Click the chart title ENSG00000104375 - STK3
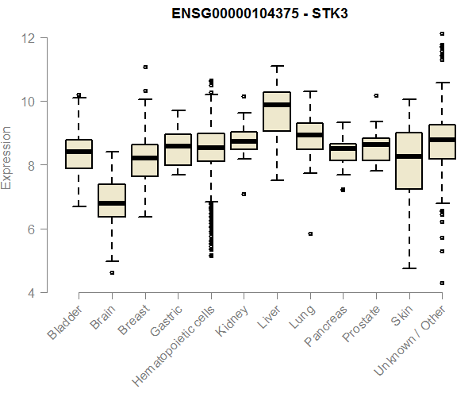tap(260, 13)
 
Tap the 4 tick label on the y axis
tap(29, 293)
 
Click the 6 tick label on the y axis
tap(29, 229)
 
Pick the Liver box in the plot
tap(277, 112)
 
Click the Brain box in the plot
tap(112, 200)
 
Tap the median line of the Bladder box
tap(79, 152)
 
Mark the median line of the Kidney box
tap(244, 141)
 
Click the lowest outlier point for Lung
tap(310, 233)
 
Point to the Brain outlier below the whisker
tap(112, 272)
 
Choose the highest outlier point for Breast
tap(145, 67)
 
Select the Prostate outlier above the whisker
tap(376, 95)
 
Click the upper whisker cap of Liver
tap(277, 66)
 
